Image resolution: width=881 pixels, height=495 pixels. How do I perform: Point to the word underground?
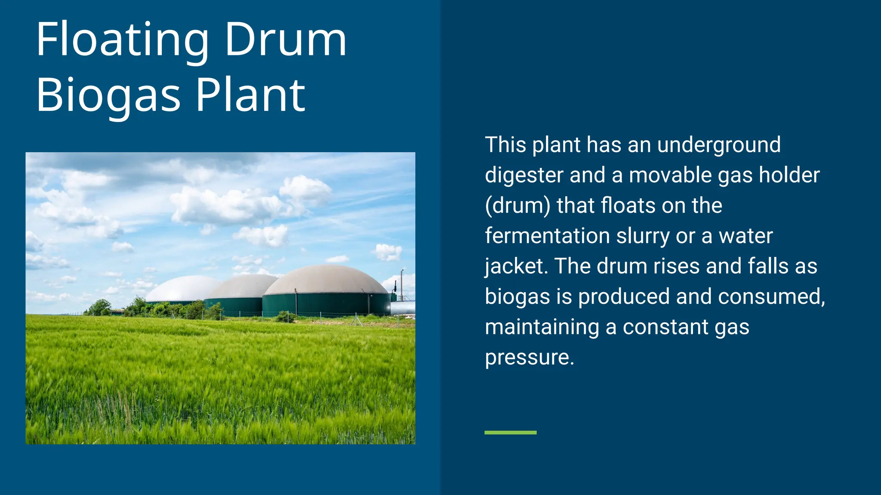click(719, 145)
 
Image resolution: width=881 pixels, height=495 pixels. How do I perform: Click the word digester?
click(524, 176)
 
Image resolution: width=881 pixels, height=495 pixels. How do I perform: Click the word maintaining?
click(542, 327)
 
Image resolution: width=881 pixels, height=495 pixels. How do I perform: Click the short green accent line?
click(510, 432)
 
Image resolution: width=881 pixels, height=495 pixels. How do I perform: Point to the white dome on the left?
click(183, 289)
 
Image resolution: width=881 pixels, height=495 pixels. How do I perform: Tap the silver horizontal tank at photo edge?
click(404, 307)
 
